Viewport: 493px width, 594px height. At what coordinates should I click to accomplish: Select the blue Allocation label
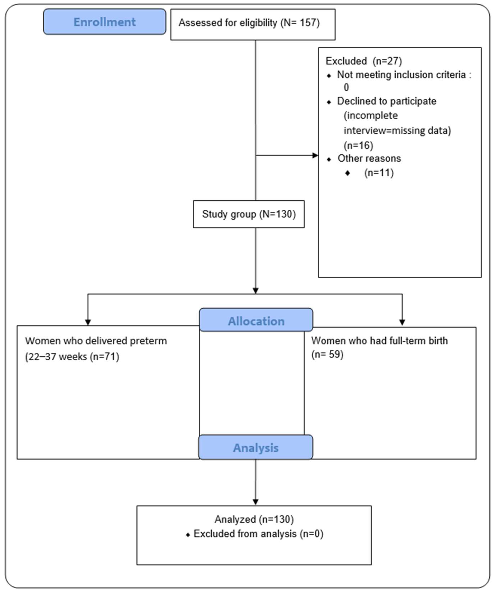[x=256, y=321]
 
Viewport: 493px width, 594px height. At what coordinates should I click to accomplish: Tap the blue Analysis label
[x=256, y=448]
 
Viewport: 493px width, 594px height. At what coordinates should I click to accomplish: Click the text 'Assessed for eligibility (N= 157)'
[x=249, y=23]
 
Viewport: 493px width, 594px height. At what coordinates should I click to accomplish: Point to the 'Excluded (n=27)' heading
[x=364, y=61]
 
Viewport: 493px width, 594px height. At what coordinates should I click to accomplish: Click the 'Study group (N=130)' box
[x=249, y=214]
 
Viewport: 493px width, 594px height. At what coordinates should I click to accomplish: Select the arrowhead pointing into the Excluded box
[x=315, y=155]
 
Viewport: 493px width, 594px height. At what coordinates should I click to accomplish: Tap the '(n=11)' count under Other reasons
[x=379, y=172]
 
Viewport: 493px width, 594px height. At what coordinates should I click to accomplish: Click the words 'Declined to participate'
[x=386, y=101]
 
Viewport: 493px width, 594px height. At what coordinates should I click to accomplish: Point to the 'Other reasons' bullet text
[x=369, y=158]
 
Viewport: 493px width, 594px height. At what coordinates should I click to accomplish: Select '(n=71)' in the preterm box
[x=104, y=356]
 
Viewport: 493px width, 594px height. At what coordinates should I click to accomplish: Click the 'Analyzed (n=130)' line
[x=254, y=519]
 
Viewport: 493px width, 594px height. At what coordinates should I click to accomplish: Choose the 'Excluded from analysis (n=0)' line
[x=258, y=534]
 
